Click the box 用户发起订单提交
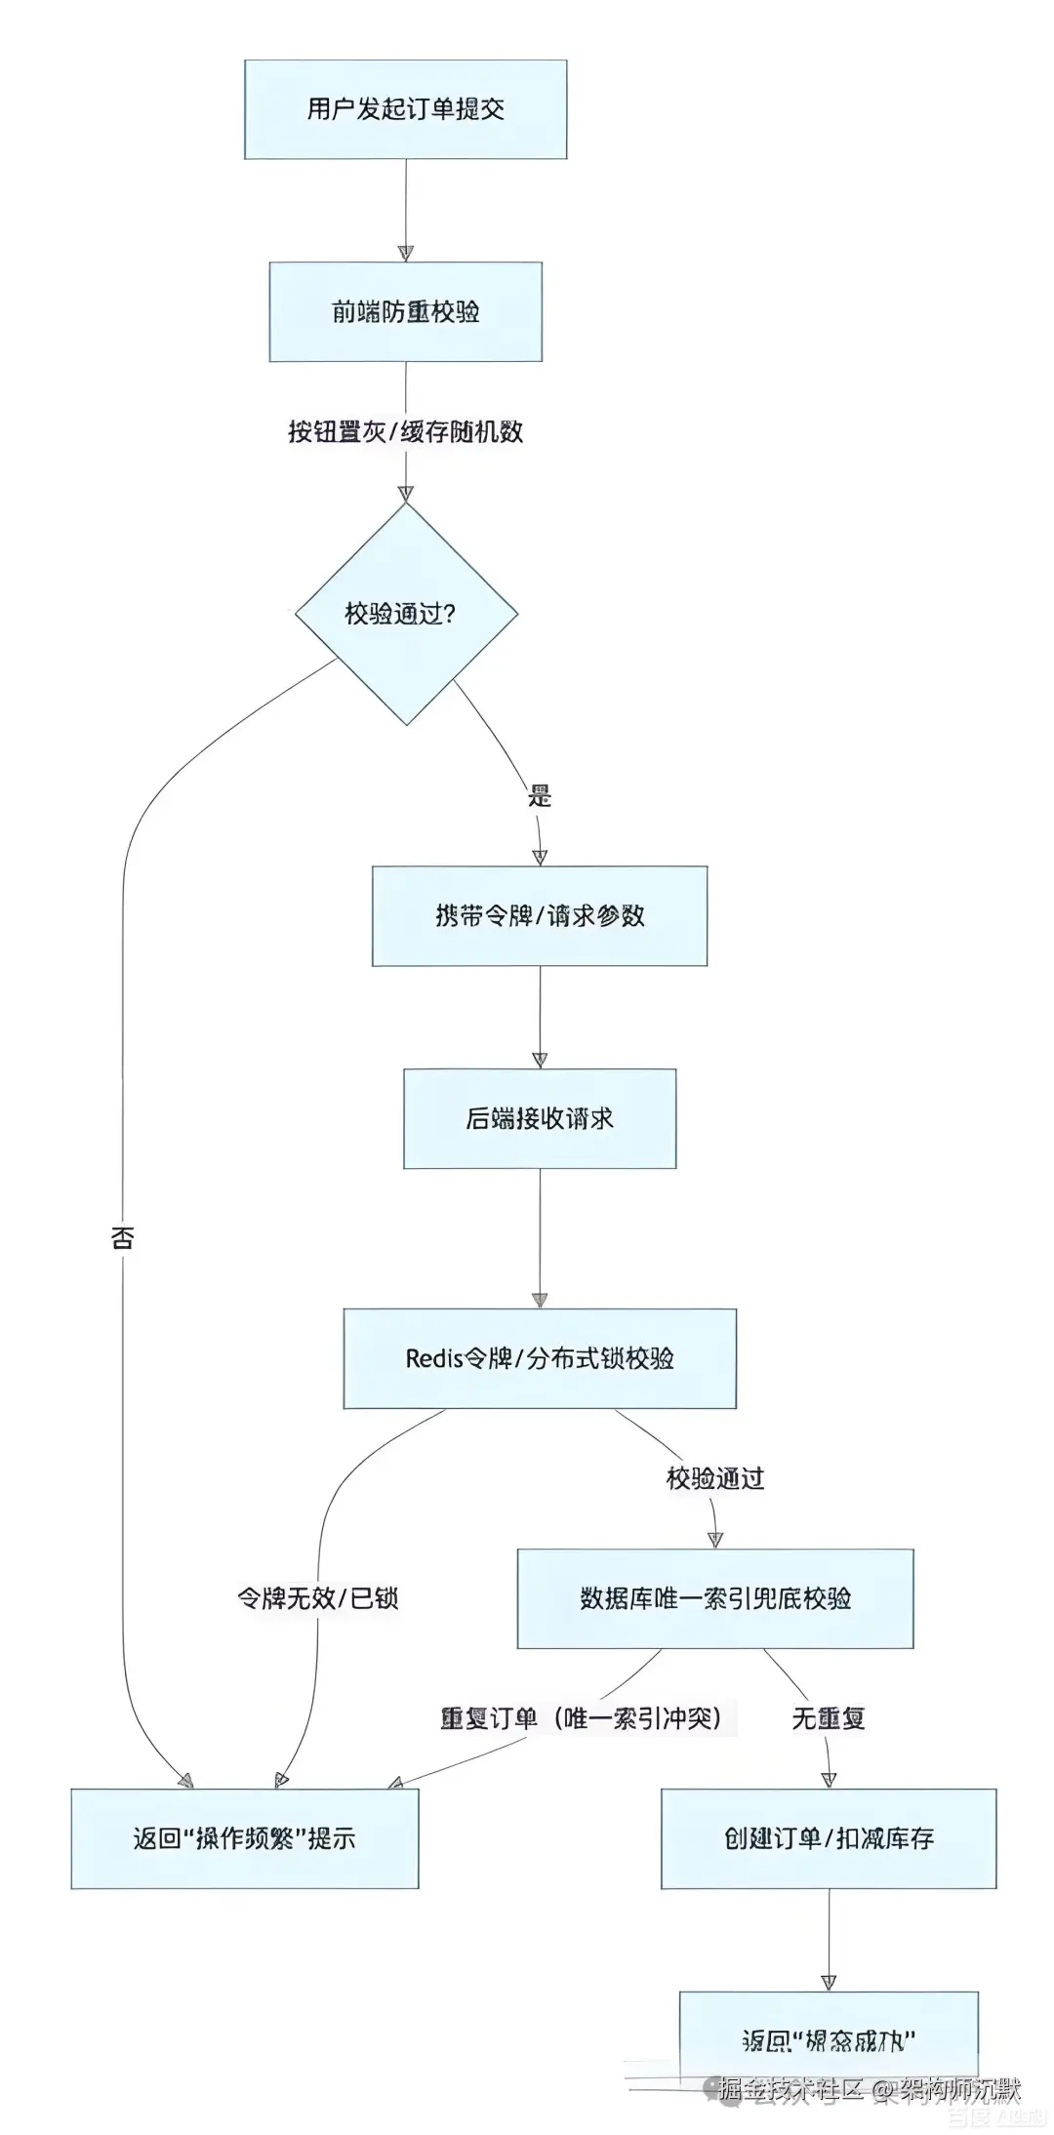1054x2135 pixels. [x=405, y=109]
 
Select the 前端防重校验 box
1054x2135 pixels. [x=405, y=312]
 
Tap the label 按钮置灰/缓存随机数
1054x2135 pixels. [x=405, y=432]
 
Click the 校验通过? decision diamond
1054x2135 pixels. [x=405, y=614]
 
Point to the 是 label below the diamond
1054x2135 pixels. [x=540, y=795]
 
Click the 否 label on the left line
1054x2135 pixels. [x=123, y=1238]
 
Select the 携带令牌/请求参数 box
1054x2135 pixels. [x=539, y=915]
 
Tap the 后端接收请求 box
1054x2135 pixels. [x=539, y=1118]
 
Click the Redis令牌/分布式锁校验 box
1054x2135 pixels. [x=539, y=1358]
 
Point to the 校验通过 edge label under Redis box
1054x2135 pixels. [x=714, y=1478]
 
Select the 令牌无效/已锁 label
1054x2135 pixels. [x=318, y=1598]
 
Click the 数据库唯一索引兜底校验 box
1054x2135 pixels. [x=714, y=1598]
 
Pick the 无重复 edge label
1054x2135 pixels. [x=828, y=1718]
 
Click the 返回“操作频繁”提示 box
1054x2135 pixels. [x=244, y=1838]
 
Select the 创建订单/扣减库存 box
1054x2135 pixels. [x=828, y=1838]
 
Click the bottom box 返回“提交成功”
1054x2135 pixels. [x=828, y=2039]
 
